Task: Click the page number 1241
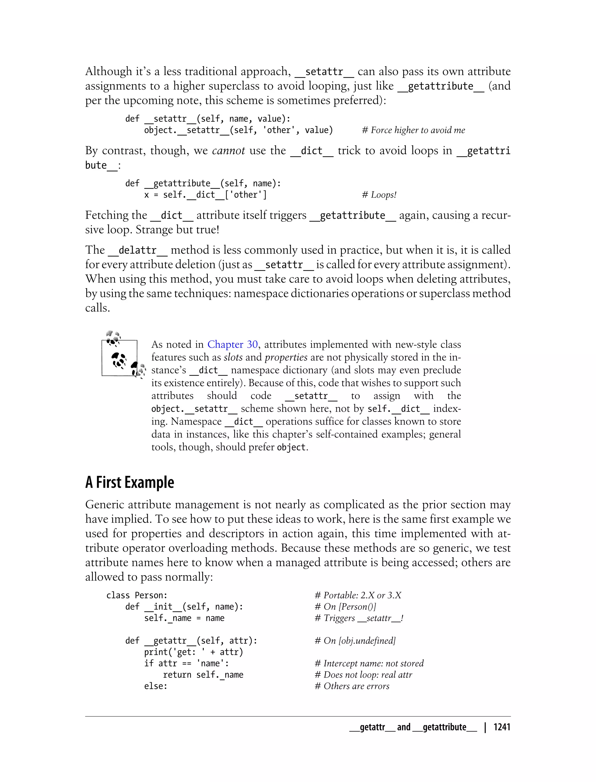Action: point(502,727)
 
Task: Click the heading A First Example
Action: point(130,483)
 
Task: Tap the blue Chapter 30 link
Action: point(232,344)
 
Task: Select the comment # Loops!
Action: point(379,195)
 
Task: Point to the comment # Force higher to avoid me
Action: point(413,130)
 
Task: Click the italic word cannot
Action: point(228,151)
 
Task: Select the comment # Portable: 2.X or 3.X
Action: point(358,596)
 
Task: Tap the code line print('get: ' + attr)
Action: point(193,652)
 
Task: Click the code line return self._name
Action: point(203,675)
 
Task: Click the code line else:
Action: point(155,686)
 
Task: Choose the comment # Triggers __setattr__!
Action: point(359,618)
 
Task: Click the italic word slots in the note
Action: point(233,357)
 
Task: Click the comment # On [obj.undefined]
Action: point(355,641)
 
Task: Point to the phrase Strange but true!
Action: point(178,230)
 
